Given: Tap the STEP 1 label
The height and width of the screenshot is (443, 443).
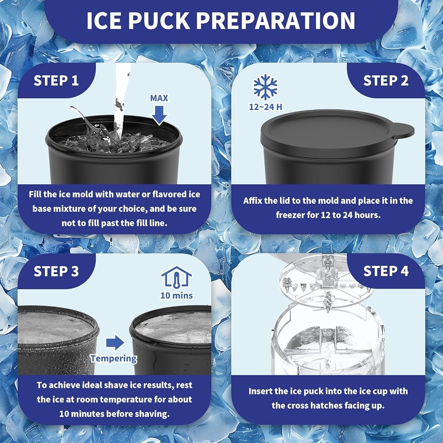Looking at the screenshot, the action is click(56, 81).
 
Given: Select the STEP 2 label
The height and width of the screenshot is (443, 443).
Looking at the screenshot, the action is click(386, 81).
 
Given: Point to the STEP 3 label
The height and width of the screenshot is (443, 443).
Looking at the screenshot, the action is click(56, 271).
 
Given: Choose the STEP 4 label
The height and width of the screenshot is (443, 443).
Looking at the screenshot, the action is click(386, 271).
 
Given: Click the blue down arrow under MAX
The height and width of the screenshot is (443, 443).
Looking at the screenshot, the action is click(159, 115).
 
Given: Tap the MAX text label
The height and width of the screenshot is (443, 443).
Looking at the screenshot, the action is click(159, 98).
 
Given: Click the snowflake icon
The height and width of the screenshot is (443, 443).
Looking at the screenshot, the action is click(265, 87).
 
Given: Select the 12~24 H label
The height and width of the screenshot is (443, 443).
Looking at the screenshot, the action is click(265, 107).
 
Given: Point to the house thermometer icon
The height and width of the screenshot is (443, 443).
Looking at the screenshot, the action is click(177, 277).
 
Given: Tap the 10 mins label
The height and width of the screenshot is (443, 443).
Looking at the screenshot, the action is click(177, 295).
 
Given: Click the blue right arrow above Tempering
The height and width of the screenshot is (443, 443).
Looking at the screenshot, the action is click(115, 342).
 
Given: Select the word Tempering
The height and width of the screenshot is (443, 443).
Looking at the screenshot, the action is click(114, 358).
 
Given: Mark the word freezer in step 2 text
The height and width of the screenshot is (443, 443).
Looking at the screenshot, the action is click(290, 215).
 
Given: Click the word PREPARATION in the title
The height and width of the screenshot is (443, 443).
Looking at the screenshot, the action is click(276, 21).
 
